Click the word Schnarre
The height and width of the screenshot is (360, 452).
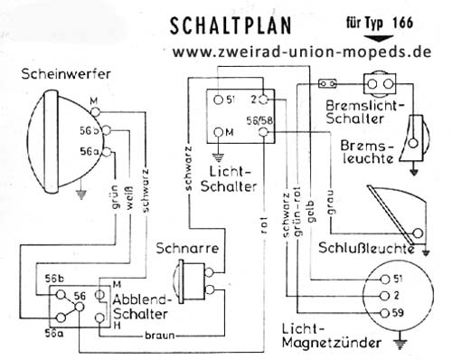(x=185, y=246)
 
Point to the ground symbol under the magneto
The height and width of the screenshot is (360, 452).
(x=399, y=341)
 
